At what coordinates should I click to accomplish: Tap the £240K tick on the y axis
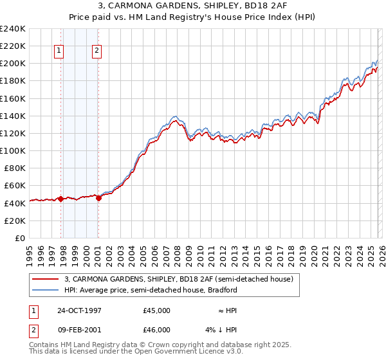coord(13,29)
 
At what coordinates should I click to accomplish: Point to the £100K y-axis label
coord(13,150)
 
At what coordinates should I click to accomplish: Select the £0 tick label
coord(19,238)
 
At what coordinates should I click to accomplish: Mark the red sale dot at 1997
coord(61,199)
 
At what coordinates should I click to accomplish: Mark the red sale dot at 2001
coord(98,198)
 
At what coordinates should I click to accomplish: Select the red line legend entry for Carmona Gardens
coord(179,279)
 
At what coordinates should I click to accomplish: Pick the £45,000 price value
coord(156,310)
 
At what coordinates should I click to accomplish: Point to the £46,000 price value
coord(156,330)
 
